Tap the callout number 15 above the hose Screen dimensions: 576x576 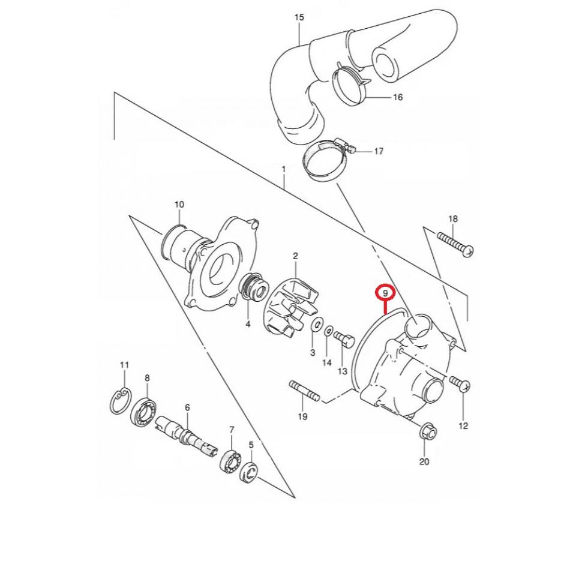click(x=299, y=17)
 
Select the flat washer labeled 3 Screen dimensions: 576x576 click(x=314, y=326)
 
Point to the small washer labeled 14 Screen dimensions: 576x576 click(x=329, y=331)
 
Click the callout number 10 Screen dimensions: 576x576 click(x=179, y=205)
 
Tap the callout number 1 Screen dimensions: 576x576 click(x=284, y=170)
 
